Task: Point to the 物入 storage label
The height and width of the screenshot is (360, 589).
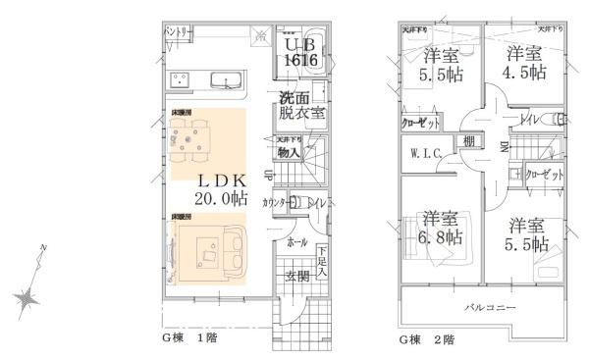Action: click(289, 152)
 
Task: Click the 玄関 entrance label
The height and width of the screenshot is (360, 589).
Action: click(298, 278)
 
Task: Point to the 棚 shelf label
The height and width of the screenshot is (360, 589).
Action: click(470, 144)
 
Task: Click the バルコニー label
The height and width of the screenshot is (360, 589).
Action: click(490, 307)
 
